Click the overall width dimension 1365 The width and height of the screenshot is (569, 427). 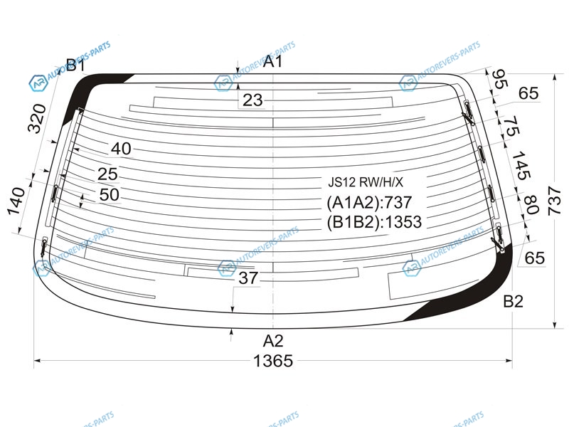coord(273,362)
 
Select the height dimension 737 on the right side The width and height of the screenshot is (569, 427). coord(555,201)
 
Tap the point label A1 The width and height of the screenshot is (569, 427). coord(272,61)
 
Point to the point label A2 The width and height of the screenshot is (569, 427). coord(273,341)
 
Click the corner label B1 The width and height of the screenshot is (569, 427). coord(75,65)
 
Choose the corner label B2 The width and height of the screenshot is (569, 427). coord(513,301)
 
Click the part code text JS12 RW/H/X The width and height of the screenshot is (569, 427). coord(366,182)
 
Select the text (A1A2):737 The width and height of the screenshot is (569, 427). coord(369,203)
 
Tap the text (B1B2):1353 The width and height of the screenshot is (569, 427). coord(374,222)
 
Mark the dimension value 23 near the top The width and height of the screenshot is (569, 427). coord(252,100)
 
